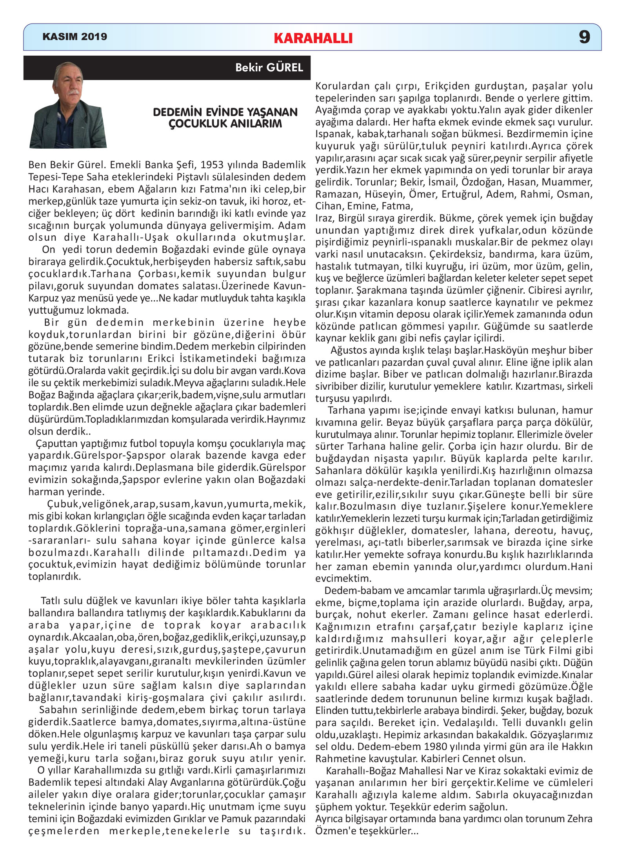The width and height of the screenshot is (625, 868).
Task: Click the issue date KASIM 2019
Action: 74,37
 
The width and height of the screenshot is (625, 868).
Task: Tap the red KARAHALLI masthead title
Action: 313,38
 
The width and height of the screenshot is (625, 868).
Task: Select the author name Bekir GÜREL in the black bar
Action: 269,68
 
